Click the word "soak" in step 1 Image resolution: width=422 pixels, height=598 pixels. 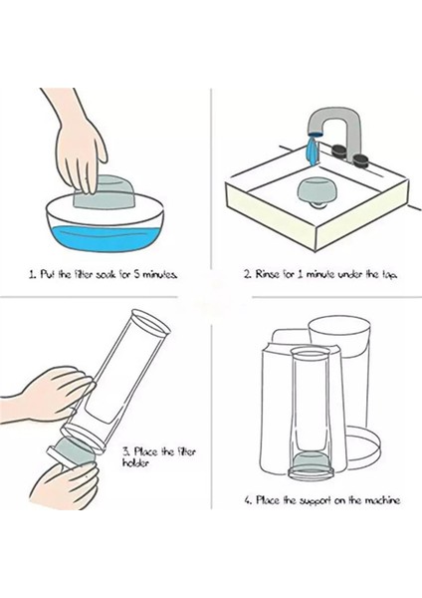tap(107, 275)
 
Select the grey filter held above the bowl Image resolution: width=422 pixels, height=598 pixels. tap(105, 191)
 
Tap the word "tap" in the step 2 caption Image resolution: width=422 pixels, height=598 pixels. tap(389, 275)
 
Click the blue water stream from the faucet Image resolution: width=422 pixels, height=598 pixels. tap(313, 151)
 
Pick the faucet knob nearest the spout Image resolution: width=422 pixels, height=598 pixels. tap(339, 150)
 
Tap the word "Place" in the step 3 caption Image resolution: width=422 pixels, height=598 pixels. tap(145, 451)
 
